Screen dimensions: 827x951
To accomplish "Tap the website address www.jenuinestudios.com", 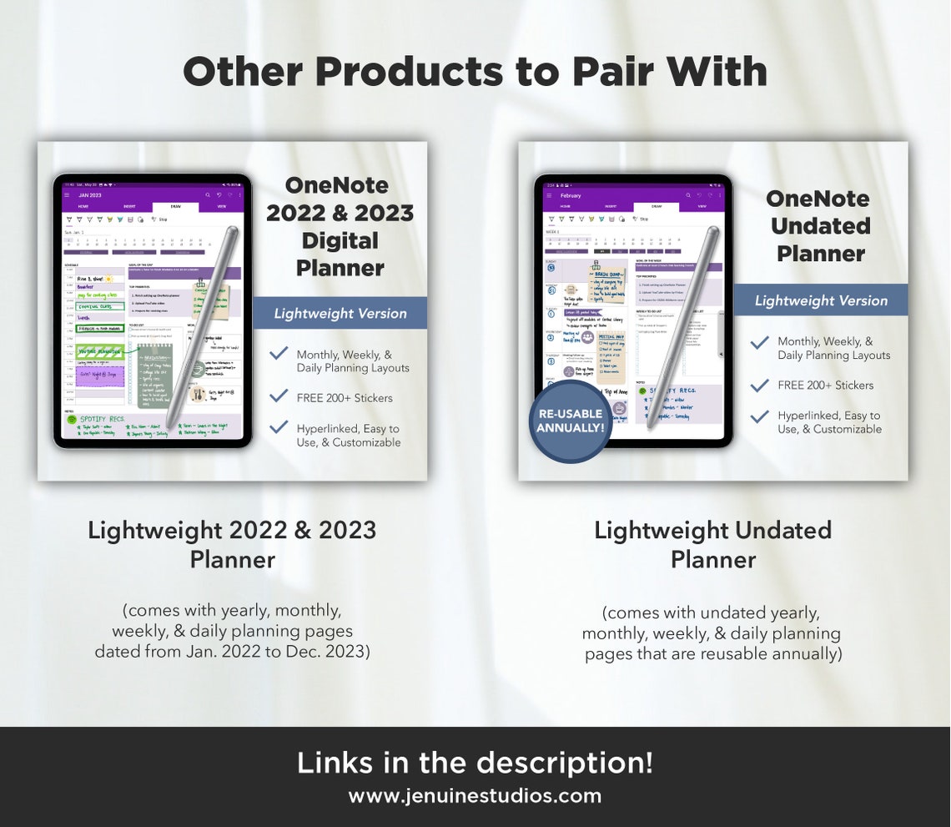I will click(475, 795).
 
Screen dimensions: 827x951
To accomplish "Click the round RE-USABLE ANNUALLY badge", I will click(571, 421).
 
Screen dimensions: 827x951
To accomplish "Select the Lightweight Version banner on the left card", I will click(340, 314).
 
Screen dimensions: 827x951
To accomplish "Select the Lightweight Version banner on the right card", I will click(821, 300).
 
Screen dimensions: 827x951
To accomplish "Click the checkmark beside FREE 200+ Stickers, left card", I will click(279, 398).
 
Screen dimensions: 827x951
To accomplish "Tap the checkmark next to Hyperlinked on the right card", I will click(759, 416).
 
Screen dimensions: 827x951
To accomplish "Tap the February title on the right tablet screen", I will click(571, 195).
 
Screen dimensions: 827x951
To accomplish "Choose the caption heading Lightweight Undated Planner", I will click(712, 544).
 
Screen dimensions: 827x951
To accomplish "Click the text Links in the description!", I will click(475, 763).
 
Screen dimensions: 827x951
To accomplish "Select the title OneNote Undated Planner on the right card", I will click(820, 225).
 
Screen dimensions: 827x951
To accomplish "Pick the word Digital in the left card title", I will click(340, 240).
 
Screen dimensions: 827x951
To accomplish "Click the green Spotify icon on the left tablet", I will click(73, 420).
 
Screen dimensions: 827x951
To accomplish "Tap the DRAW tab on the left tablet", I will click(176, 205).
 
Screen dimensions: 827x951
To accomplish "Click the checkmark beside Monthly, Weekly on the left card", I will click(279, 354).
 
